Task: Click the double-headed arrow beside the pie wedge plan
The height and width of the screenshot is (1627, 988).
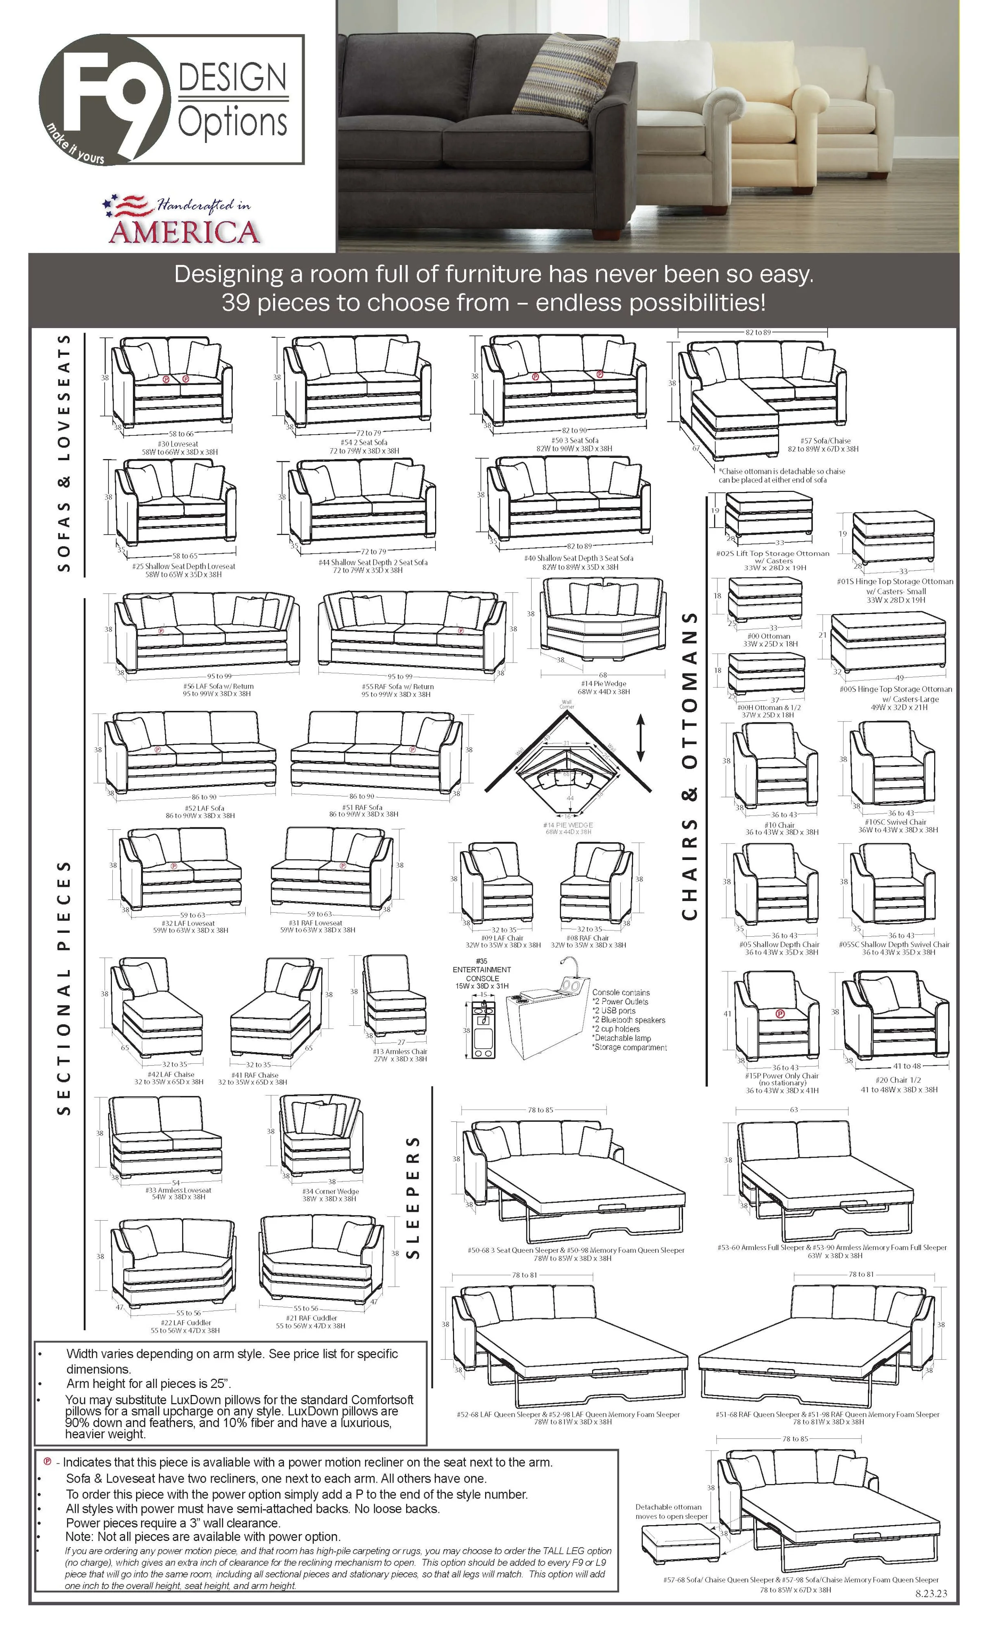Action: click(640, 737)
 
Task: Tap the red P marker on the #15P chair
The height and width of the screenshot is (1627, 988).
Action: click(780, 1014)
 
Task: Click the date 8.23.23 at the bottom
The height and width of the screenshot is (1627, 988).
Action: click(931, 1593)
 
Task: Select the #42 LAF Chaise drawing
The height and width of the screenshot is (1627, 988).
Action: click(156, 1007)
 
